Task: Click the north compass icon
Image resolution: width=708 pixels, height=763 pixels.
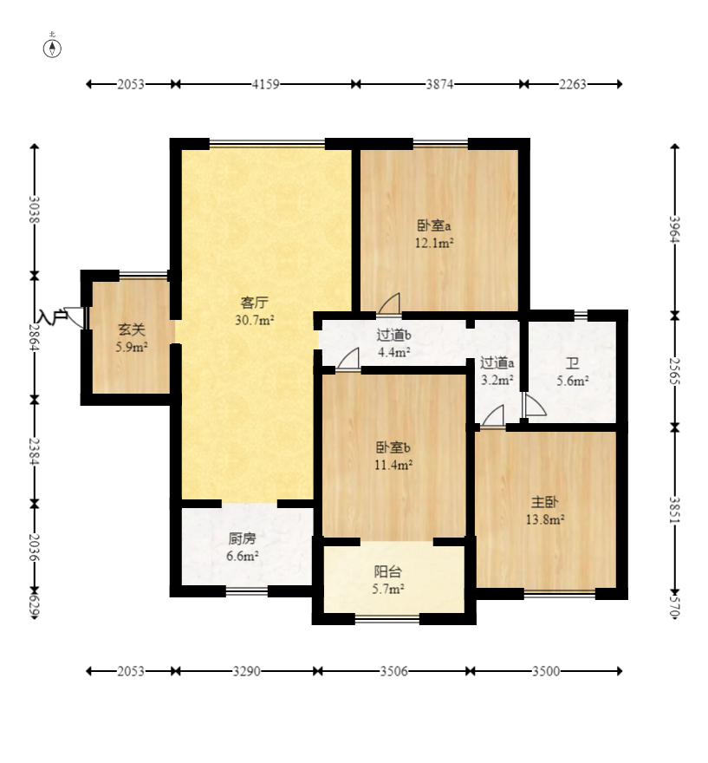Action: pos(53,49)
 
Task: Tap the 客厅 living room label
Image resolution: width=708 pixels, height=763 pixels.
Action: pos(254,303)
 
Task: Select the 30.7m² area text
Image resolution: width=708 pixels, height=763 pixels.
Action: pos(255,320)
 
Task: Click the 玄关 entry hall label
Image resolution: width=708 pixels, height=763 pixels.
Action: pos(132,330)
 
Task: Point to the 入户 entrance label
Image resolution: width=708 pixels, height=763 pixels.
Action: pos(53,316)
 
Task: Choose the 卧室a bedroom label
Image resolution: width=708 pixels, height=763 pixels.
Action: pos(434,225)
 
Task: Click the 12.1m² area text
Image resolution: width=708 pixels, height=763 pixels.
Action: pos(434,242)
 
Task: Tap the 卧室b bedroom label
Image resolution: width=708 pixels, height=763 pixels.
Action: pos(393,447)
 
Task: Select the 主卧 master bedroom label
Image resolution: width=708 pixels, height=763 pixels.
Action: pos(544,502)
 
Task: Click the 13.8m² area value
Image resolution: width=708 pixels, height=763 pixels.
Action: pos(545,519)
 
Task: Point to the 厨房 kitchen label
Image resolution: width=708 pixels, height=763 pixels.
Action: pos(242,538)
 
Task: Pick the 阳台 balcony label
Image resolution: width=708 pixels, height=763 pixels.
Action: pos(388,571)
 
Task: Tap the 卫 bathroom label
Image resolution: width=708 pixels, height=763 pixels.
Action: pos(572,363)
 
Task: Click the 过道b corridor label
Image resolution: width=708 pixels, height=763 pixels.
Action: pos(394,335)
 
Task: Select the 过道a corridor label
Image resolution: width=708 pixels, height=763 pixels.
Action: pos(497,362)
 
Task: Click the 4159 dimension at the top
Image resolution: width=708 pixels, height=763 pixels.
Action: pos(265,84)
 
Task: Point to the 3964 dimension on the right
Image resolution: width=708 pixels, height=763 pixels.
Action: pos(674,229)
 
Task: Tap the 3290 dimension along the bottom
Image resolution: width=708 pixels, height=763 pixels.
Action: pos(246,671)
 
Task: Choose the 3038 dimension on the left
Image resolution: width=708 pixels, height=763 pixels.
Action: pos(34,210)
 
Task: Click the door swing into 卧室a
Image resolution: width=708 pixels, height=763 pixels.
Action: pos(389,303)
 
